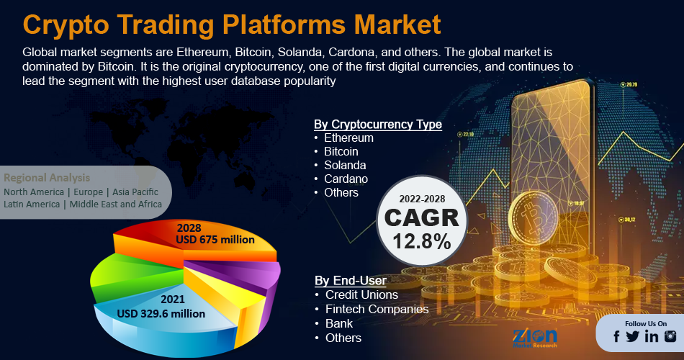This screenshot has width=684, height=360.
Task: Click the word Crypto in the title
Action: [66, 25]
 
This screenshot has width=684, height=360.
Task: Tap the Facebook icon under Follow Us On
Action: [616, 336]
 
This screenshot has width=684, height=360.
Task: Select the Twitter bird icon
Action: [632, 336]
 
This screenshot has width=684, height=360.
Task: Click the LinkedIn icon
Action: [652, 336]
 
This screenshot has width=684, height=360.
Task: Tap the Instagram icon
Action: [670, 336]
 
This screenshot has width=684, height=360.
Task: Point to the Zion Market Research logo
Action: [535, 337]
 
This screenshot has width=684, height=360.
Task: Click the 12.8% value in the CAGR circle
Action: [422, 241]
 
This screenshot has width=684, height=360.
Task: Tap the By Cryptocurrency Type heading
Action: [378, 125]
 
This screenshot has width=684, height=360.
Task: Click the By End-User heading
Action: [351, 280]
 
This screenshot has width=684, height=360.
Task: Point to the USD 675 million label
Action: [215, 240]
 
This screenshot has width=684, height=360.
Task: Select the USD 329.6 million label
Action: [161, 313]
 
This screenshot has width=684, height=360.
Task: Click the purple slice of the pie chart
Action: [244, 273]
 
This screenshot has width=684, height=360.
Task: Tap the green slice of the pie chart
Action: [131, 279]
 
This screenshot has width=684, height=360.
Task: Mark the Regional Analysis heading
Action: [47, 178]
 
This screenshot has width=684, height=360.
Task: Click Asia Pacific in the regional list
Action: [135, 192]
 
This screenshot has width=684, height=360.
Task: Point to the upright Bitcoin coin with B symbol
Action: [533, 219]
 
